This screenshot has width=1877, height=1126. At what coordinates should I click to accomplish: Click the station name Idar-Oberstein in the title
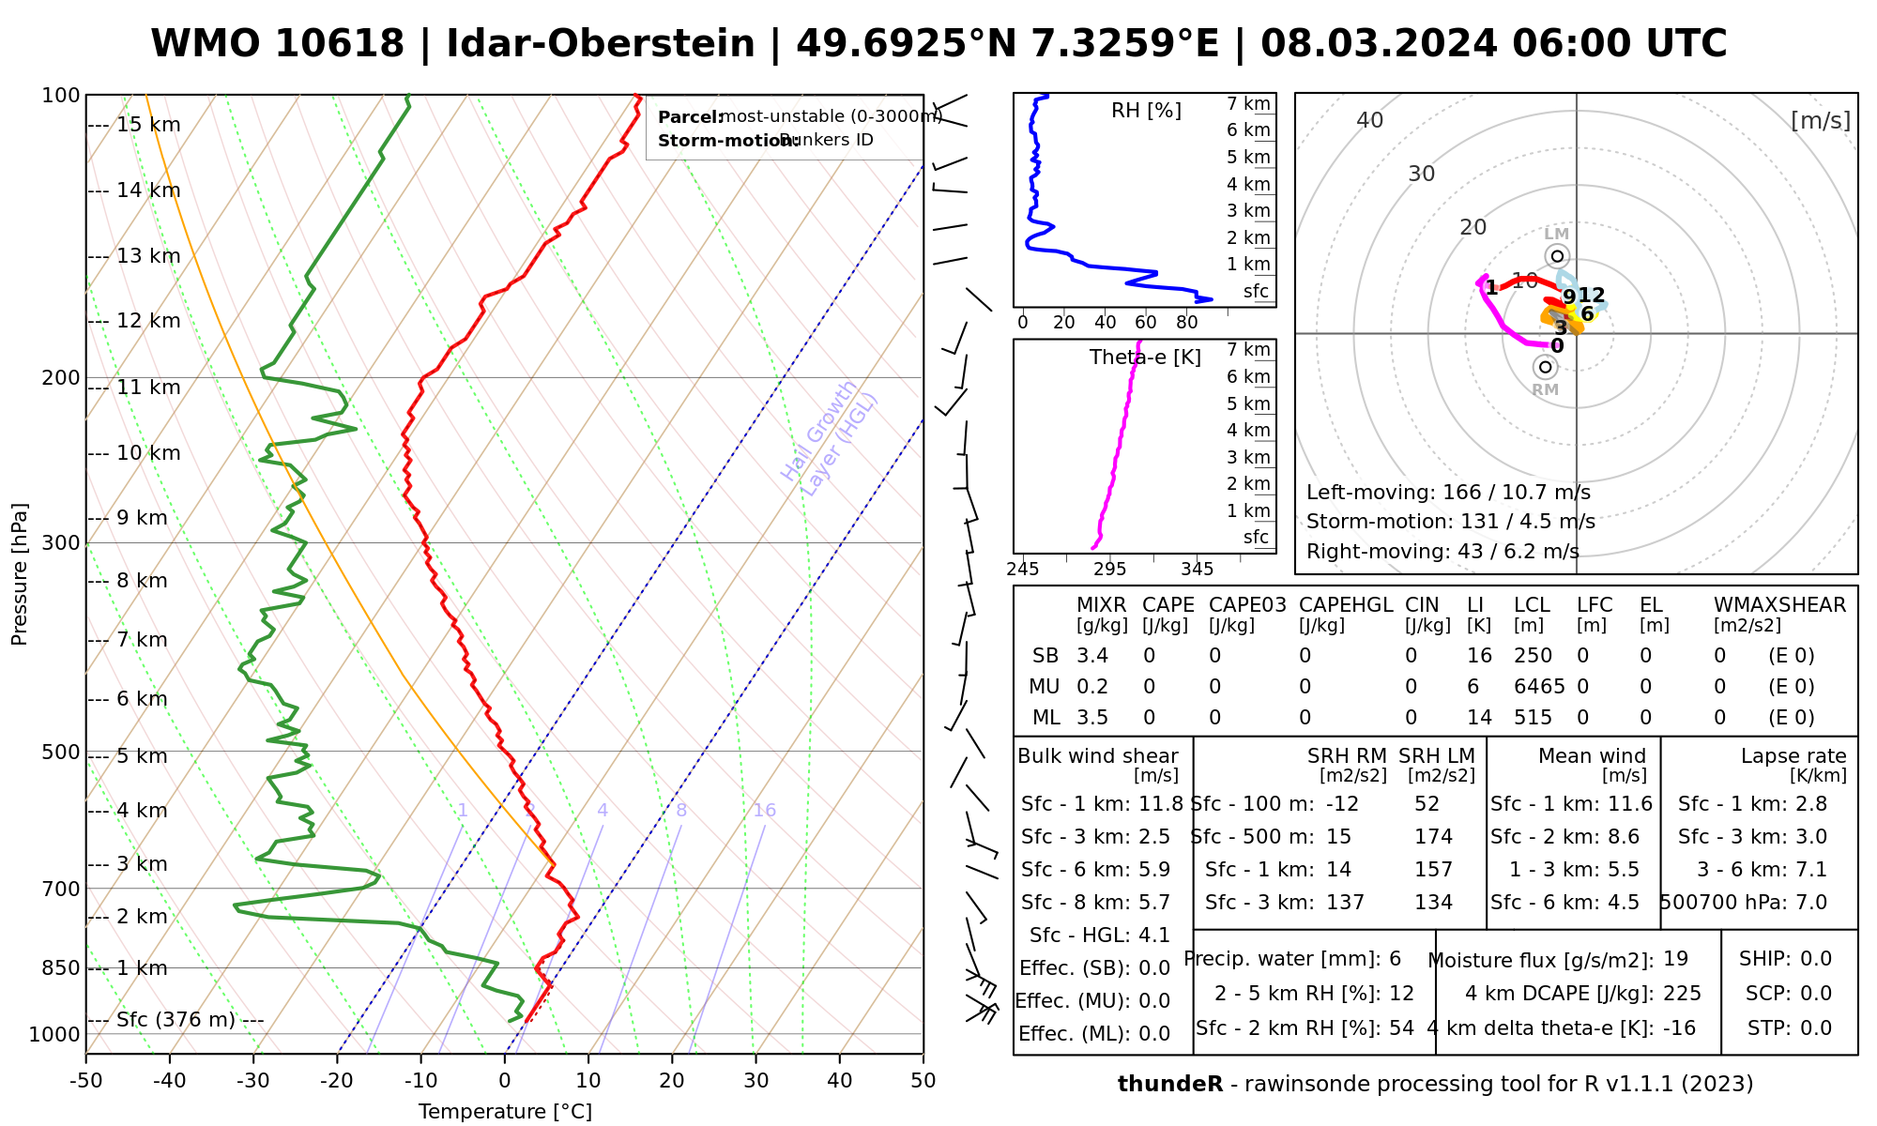click(600, 44)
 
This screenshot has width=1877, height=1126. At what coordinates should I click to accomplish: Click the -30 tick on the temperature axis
click(253, 1081)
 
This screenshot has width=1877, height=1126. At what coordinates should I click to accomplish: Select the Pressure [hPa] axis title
click(20, 574)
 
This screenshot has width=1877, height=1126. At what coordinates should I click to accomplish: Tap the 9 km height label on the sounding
click(141, 518)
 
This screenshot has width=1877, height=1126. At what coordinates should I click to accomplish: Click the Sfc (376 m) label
click(175, 1020)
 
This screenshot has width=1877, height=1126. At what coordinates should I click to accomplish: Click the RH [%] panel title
click(1146, 111)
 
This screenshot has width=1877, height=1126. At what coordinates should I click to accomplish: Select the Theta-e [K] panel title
click(1145, 358)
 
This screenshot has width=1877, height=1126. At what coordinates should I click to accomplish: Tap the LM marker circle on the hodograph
click(1558, 256)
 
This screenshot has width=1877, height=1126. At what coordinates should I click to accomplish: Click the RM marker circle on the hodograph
click(1545, 367)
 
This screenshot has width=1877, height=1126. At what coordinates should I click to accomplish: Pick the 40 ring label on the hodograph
click(1370, 120)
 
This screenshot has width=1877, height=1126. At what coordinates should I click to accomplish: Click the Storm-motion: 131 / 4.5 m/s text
click(1450, 522)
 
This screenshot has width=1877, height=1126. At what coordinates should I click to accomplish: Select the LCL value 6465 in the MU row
click(1539, 687)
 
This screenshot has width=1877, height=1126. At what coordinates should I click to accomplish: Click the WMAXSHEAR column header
click(1779, 605)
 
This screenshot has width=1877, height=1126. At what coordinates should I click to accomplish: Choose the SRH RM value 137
click(1345, 903)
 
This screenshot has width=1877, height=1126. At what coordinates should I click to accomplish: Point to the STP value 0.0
click(1816, 1028)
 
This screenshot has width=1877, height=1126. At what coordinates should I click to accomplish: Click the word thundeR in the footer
click(1169, 1085)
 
